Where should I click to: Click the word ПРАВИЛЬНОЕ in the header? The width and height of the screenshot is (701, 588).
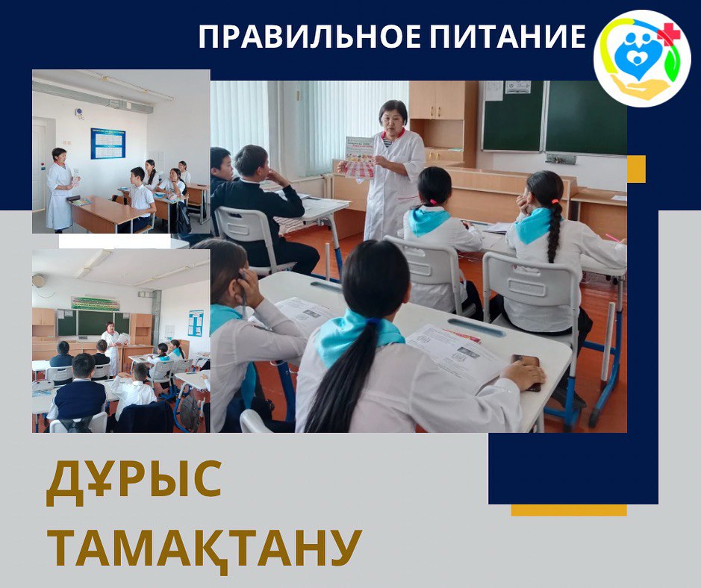(309, 37)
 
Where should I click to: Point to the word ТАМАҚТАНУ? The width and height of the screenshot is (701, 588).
(204, 548)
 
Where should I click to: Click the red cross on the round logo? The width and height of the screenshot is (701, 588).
(668, 35)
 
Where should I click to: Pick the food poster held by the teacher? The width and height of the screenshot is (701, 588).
(359, 157)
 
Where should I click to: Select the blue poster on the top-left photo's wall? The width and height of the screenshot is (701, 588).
(108, 143)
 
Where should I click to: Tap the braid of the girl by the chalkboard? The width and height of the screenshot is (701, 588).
(555, 231)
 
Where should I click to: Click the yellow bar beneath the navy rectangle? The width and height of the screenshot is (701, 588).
(569, 510)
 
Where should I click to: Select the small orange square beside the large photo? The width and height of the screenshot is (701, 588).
(636, 169)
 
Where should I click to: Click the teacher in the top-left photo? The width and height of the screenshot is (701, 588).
(60, 190)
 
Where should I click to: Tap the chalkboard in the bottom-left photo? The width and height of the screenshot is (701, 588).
(93, 322)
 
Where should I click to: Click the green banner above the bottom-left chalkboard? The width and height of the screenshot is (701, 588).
(96, 304)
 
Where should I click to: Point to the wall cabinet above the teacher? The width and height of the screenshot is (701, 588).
(437, 100)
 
